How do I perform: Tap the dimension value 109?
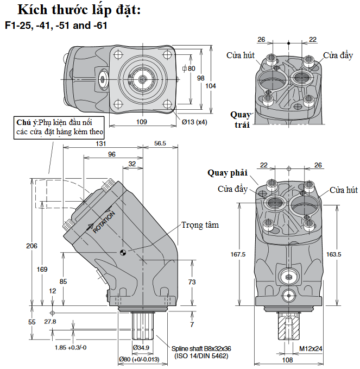(141, 122)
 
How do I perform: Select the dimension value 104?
(211, 86)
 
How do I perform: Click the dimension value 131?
(101, 143)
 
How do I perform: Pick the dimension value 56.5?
(160, 143)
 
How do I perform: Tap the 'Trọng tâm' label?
(200, 224)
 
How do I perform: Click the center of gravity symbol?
(123, 252)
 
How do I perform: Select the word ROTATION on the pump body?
(104, 222)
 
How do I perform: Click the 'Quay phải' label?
(227, 173)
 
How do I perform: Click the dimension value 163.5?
(334, 254)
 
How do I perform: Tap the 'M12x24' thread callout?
(311, 348)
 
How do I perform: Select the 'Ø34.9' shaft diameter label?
(142, 347)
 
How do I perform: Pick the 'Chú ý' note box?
(59, 126)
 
